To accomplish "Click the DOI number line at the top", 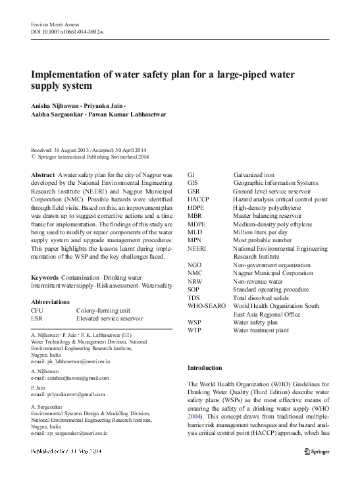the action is click(64, 32).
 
